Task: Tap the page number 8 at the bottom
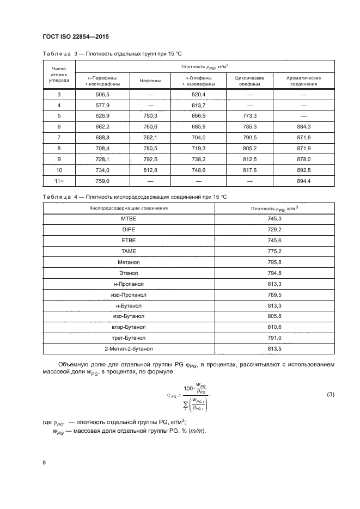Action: pyautogui.click(x=44, y=462)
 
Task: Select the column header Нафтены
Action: pyautogui.click(x=150, y=81)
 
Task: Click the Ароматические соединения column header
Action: pyautogui.click(x=303, y=81)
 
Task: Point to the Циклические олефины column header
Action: pyautogui.click(x=249, y=81)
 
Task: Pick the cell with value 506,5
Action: pyautogui.click(x=103, y=94)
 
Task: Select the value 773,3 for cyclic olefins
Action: pyautogui.click(x=249, y=116)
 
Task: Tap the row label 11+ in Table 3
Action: pyautogui.click(x=59, y=181)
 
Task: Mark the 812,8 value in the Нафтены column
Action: pyautogui.click(x=150, y=170)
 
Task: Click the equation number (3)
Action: pyautogui.click(x=330, y=395)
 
